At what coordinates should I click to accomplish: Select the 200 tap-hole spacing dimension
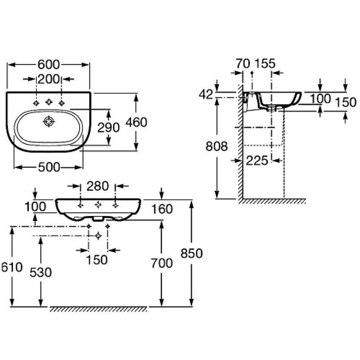click(49, 79)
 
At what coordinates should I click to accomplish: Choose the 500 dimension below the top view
click(49, 167)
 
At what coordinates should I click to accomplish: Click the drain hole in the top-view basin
click(49, 121)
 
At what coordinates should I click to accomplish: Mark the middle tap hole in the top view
click(49, 103)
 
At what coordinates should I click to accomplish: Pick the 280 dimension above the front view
click(98, 186)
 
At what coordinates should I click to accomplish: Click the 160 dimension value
click(162, 209)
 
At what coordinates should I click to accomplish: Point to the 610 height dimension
click(11, 267)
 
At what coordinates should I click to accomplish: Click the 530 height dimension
click(41, 272)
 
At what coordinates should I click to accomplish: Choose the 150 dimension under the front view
click(97, 260)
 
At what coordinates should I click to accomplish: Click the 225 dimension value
click(257, 160)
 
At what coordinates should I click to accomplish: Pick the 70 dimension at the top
click(243, 63)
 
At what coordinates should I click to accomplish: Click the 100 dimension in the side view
click(320, 99)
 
